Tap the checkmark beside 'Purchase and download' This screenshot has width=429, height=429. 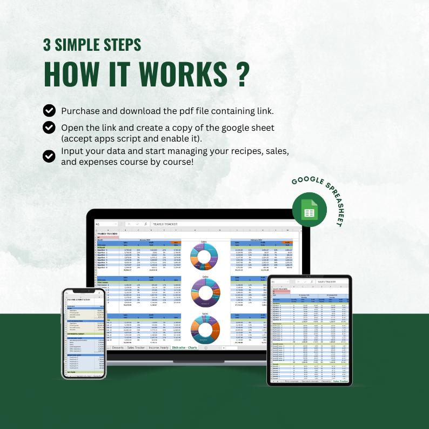(49, 111)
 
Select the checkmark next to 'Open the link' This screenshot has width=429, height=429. (49, 128)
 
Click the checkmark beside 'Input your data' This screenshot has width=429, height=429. (49, 156)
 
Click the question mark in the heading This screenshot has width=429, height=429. (242, 74)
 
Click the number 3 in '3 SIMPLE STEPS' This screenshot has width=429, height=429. (48, 45)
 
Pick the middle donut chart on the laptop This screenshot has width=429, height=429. (205, 292)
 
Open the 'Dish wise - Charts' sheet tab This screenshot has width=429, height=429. (185, 347)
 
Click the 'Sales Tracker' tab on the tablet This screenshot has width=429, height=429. (341, 381)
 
